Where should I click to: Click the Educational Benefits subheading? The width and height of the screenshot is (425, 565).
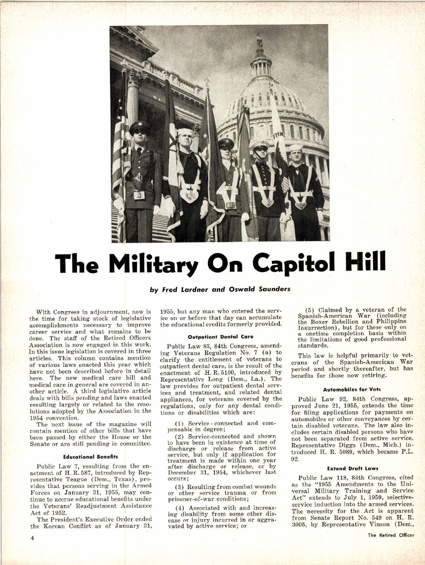pyautogui.click(x=90, y=456)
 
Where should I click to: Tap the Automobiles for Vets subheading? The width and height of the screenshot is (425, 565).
pyautogui.click(x=353, y=389)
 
